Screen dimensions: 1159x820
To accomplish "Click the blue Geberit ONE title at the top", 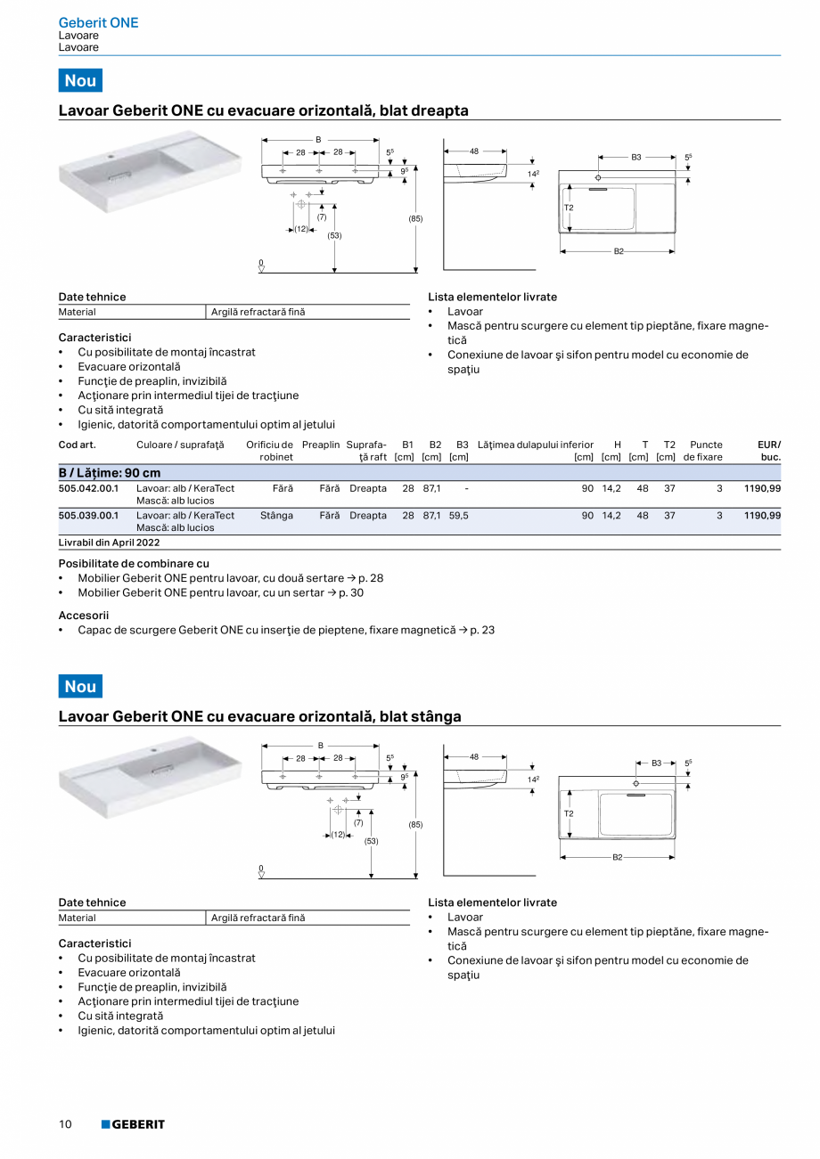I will pos(98,22).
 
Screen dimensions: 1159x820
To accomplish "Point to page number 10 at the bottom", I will pos(65,1124).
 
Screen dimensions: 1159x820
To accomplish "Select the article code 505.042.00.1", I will pos(88,489).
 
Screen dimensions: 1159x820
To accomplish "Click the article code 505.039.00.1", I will pos(88,515).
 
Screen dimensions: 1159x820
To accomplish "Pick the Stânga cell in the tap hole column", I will pos(276,515).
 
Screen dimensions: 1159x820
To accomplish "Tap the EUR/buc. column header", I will pos(768,451).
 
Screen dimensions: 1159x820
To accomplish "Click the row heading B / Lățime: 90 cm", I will pos(110,472).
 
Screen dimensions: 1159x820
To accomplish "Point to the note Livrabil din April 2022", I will pos(109,542).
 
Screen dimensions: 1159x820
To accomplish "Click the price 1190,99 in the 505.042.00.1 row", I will pos(762,489).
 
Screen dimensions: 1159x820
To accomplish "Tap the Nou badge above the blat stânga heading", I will pos(80,686).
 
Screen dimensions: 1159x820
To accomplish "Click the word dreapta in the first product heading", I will pos(438,110).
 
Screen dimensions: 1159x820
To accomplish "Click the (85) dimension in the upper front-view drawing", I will pos(415,218).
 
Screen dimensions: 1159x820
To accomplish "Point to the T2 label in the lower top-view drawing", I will pos(569,812).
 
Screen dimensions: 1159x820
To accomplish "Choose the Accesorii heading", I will pos(84,615).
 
